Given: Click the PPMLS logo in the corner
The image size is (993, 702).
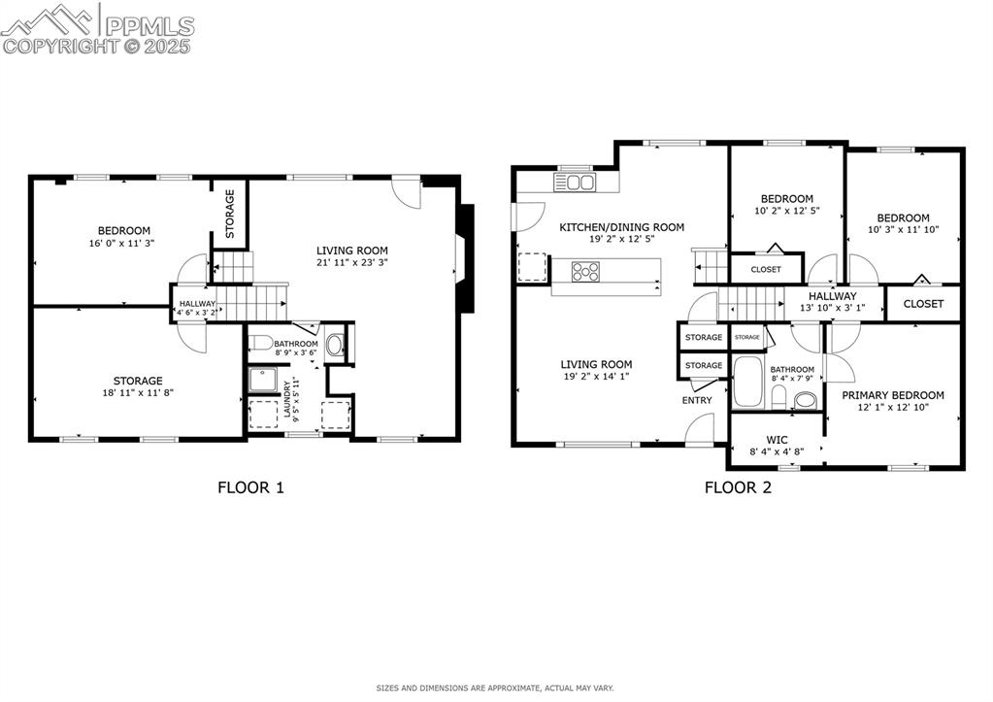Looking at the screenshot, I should pos(97,29).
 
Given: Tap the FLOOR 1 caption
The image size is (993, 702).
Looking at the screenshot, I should pos(250,487).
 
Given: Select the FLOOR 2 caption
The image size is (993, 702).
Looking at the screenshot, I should pos(738,487).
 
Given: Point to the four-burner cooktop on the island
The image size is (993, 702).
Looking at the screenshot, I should pos(585,271).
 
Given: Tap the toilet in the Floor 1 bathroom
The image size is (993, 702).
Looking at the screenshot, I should pos(261,343).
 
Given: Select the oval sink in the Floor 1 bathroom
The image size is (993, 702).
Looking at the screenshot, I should pos(335,344).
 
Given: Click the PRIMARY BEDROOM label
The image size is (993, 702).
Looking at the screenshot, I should pos(892,395).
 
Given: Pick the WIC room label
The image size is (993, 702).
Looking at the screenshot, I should pos(777,439).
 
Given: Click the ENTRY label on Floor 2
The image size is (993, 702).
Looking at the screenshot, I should pos(697,400).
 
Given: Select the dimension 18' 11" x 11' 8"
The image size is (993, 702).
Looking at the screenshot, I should pos(136,393).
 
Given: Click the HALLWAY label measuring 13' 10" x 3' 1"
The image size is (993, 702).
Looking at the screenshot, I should pos(832,296).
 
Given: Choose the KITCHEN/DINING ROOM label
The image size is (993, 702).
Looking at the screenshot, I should pos(621,227).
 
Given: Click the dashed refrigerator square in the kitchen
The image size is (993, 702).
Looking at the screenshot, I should pos(532,266).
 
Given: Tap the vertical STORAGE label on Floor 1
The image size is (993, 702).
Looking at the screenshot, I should pos(230,214).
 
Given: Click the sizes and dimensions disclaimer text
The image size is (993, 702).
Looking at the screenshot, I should pos(495,688).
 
